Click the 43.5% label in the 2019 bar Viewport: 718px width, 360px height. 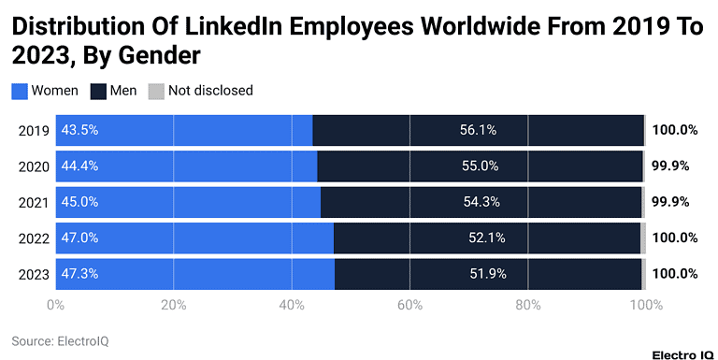pos(79,130)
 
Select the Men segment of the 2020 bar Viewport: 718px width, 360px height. pos(480,166)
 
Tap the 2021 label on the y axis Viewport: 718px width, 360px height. pos(33,202)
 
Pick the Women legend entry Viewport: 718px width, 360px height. pos(45,91)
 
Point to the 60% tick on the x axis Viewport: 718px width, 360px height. pos(409,304)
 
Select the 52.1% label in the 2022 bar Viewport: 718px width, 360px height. pos(486,238)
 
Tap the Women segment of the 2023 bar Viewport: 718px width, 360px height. pos(194,273)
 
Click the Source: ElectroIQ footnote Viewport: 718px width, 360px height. pos(60,341)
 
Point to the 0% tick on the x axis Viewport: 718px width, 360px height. pos(55,304)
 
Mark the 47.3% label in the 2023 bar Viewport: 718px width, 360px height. pos(79,273)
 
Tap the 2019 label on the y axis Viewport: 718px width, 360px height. pos(33,130)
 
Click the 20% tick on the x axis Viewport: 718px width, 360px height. pos(173,304)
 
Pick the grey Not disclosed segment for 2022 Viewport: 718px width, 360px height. pos(643,238)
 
